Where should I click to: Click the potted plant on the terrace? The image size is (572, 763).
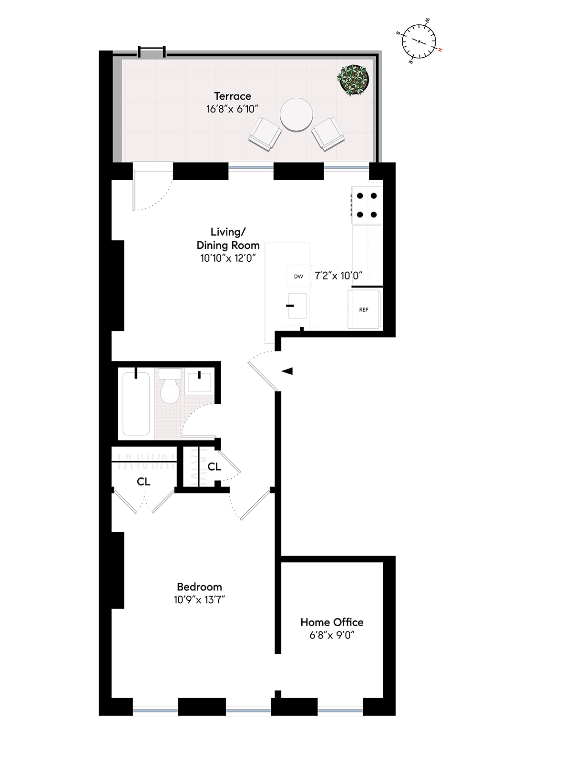point(354,79)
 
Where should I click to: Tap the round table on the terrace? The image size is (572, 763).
point(296,114)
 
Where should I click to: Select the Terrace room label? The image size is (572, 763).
point(232,96)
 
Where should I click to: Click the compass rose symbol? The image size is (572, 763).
point(419,41)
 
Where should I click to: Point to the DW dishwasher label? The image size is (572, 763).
point(298,276)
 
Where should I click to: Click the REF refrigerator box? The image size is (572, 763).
point(364,309)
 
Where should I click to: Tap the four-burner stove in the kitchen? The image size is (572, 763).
point(367,205)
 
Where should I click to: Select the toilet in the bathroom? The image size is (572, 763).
point(170,386)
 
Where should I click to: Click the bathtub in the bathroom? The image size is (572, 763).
point(136,403)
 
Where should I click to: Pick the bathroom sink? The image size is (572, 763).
point(199,381)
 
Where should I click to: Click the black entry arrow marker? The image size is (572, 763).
point(287,371)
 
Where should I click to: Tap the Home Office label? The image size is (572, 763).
point(332,622)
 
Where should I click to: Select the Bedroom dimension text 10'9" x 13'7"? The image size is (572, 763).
point(199,599)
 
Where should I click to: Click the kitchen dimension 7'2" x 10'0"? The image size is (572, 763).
point(338,276)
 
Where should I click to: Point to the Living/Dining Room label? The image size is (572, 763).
point(228,238)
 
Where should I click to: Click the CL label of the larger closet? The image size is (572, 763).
point(143,482)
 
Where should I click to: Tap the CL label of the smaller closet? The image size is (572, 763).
point(214,466)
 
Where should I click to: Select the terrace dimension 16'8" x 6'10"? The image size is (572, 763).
point(232,109)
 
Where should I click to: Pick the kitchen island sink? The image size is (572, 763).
point(297,306)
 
